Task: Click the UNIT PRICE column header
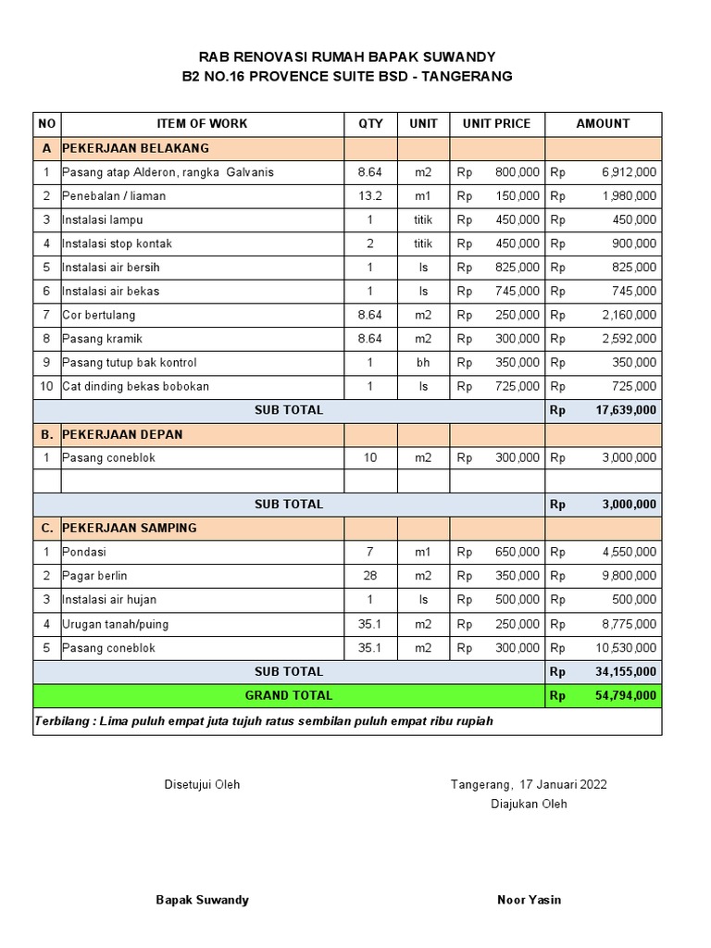coord(497,123)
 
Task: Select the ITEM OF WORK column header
coord(203,123)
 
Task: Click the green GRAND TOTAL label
coord(289,695)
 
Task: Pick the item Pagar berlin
coord(94,576)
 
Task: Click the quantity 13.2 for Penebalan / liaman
coord(370,196)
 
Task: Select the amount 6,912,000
coord(629,172)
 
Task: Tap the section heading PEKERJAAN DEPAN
coord(122,434)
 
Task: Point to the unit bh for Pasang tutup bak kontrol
coord(423,363)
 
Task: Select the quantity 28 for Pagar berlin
coord(370,576)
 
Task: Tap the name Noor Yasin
coord(529,900)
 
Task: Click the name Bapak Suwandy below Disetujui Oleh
coord(202,900)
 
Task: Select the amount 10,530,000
coord(625,648)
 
